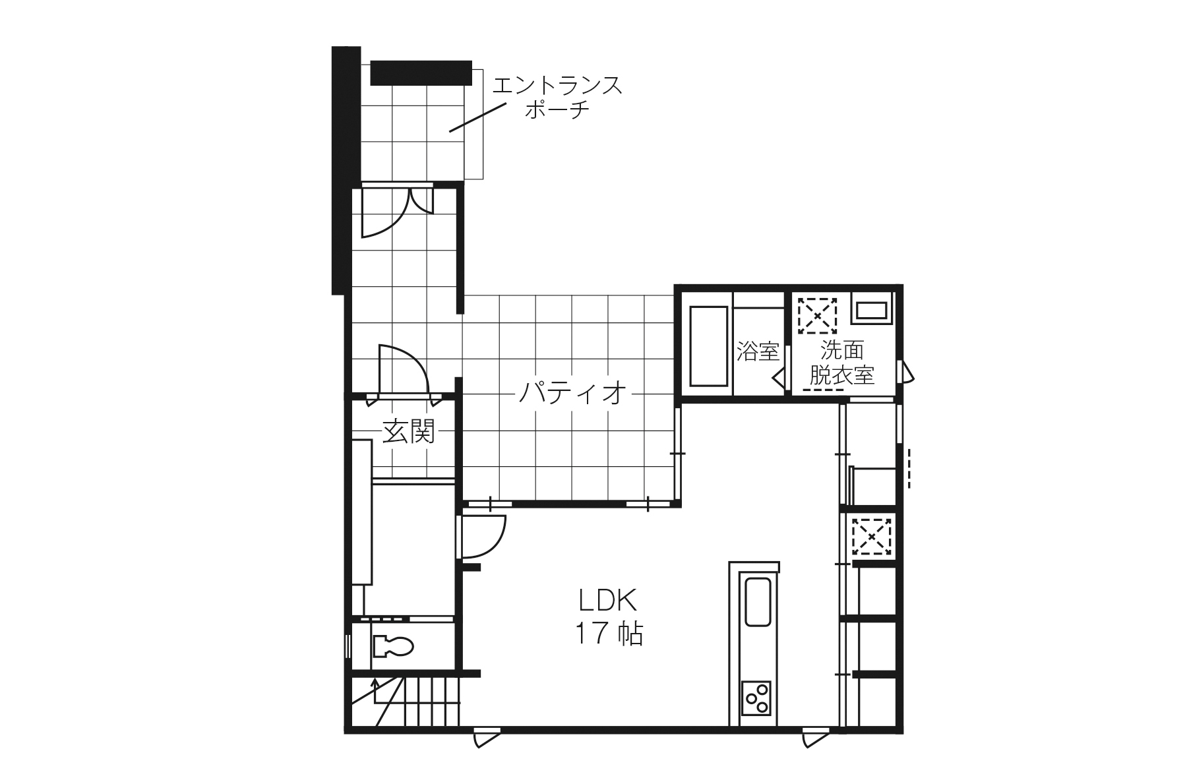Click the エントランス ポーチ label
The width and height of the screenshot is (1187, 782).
pyautogui.click(x=557, y=97)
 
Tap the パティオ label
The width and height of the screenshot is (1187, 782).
pyautogui.click(x=572, y=393)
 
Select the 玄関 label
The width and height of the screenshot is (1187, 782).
pyautogui.click(x=409, y=432)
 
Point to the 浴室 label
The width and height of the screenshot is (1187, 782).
pyautogui.click(x=758, y=351)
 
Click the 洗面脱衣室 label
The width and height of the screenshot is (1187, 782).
pyautogui.click(x=842, y=362)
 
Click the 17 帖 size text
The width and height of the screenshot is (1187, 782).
pyautogui.click(x=609, y=634)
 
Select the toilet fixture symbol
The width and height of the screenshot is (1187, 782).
pyautogui.click(x=393, y=646)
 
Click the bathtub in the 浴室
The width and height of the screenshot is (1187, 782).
pyautogui.click(x=708, y=346)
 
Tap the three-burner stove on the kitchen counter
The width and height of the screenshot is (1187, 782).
pyautogui.click(x=756, y=697)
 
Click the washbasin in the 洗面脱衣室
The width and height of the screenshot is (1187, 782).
pyautogui.click(x=871, y=308)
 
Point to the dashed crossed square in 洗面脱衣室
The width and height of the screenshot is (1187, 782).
pyautogui.click(x=818, y=316)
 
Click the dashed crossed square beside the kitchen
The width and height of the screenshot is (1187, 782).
pyautogui.click(x=871, y=536)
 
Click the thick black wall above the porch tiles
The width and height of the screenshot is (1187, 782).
pyautogui.click(x=421, y=73)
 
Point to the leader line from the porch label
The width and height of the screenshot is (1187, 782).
pyautogui.click(x=478, y=117)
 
